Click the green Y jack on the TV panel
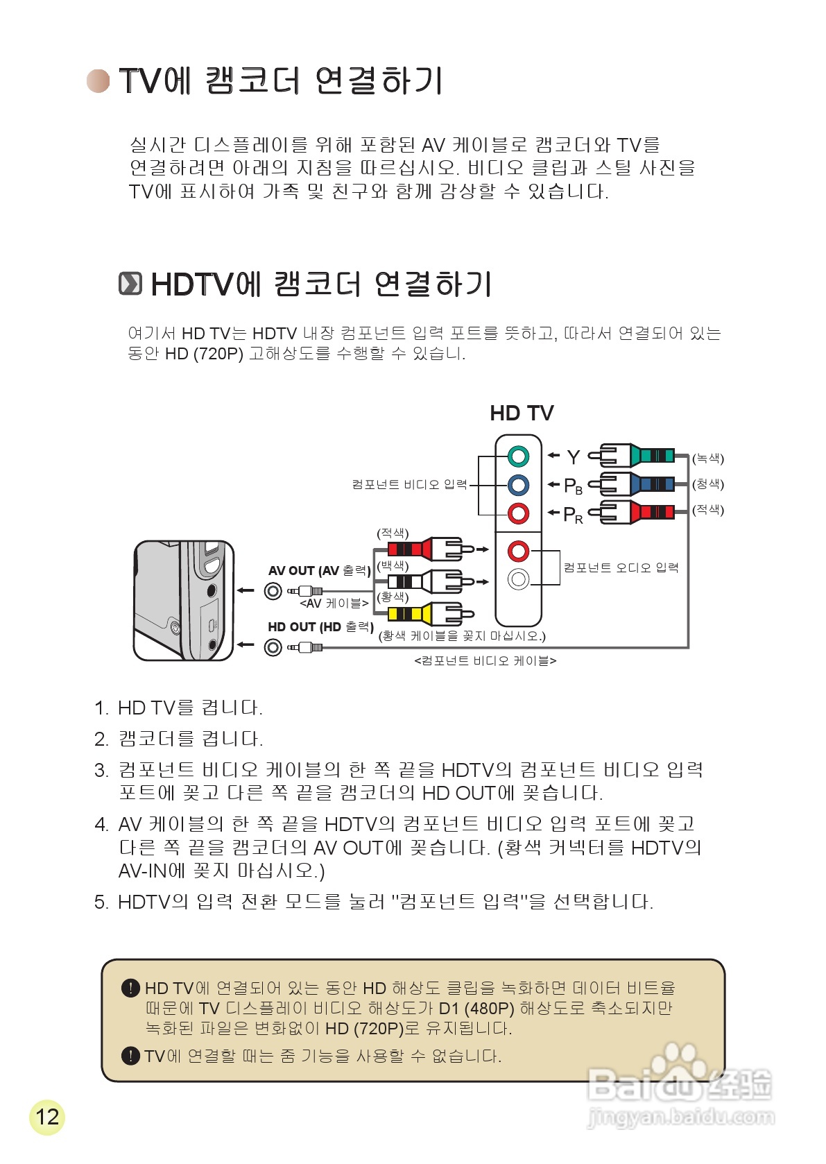[518, 456]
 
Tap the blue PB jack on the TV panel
[518, 485]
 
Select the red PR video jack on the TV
[518, 513]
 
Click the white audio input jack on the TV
[518, 579]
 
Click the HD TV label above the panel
[522, 413]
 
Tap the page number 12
[47, 1117]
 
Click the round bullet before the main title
[98, 80]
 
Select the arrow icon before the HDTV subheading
[130, 284]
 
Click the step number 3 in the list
[101, 771]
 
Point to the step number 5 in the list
[101, 902]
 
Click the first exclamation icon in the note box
[130, 988]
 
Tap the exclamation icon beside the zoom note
[130, 1056]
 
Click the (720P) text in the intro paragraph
[218, 354]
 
